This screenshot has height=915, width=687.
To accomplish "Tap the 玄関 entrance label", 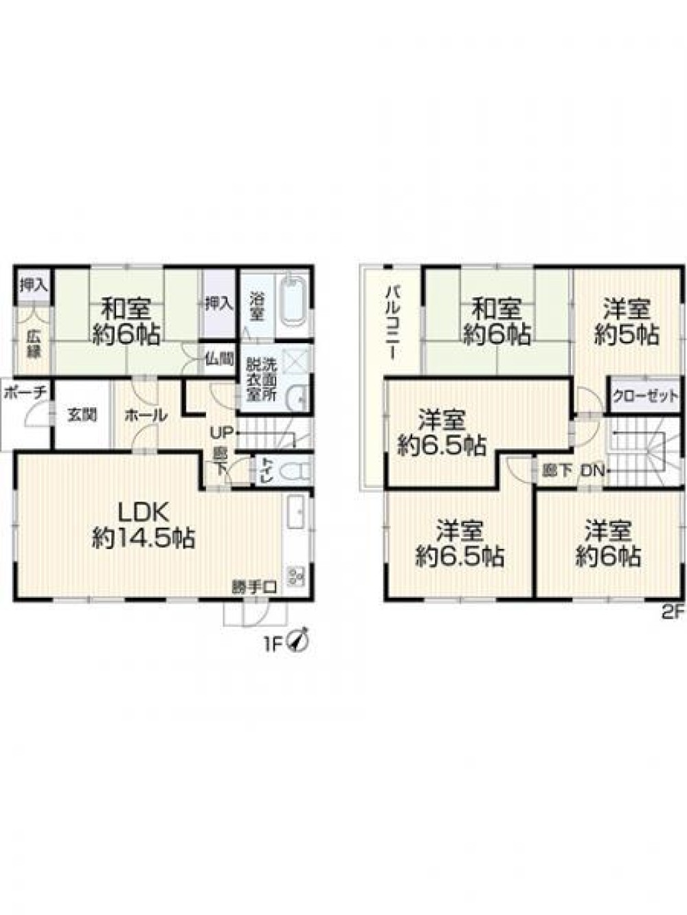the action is point(82,415).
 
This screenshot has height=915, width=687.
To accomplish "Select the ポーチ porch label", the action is point(24,393).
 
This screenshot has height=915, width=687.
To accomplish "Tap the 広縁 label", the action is point(34,345).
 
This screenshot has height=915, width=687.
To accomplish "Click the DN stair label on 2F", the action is point(592,470).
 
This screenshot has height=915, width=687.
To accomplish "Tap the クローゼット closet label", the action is point(645,397).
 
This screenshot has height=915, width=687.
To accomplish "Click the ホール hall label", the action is point(146,415).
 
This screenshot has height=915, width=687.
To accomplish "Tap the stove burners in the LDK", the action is point(295,577).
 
